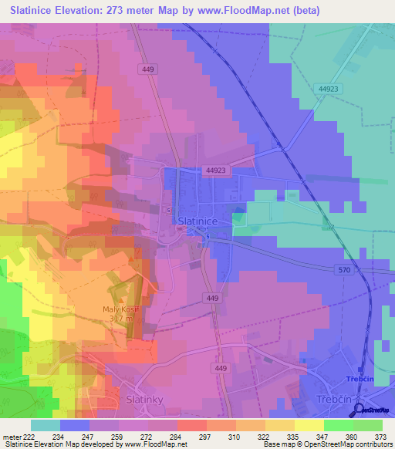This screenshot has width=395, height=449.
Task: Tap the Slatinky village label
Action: coord(143,400)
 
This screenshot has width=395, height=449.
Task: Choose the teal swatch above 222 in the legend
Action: coord(45,424)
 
